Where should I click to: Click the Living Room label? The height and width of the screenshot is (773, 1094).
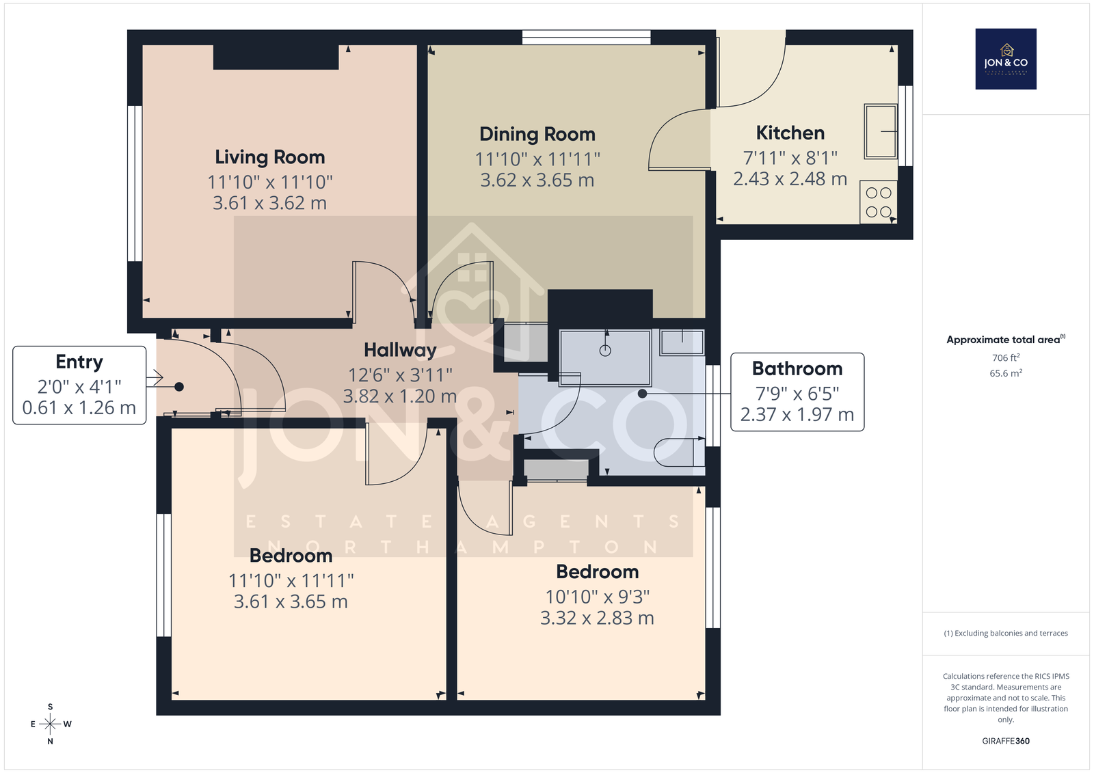(x=269, y=157)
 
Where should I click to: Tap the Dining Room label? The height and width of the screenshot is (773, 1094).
(x=537, y=134)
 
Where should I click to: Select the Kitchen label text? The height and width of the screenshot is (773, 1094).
(x=790, y=133)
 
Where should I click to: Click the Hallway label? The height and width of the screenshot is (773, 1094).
(x=400, y=350)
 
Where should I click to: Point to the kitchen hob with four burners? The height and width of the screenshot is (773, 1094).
(x=878, y=202)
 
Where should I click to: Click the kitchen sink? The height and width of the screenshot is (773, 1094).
(x=881, y=131)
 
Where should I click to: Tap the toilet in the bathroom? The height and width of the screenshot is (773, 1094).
(x=679, y=452)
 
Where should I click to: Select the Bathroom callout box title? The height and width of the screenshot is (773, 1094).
(x=797, y=368)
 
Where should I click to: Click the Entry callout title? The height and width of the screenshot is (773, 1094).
(x=79, y=362)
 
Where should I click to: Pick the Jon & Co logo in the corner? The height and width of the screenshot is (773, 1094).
(x=1006, y=59)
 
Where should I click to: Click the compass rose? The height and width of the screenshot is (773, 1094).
(x=51, y=724)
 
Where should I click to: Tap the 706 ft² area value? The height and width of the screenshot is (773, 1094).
(x=1006, y=357)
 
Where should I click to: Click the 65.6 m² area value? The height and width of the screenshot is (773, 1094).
(x=1006, y=373)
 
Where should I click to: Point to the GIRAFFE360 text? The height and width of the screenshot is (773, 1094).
(x=1006, y=741)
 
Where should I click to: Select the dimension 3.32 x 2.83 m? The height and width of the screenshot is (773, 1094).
(x=597, y=619)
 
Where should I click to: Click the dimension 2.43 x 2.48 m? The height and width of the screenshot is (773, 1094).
(x=790, y=178)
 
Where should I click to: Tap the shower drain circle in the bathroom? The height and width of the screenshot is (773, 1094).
(x=605, y=351)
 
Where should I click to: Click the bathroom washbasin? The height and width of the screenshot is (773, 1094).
(x=682, y=342)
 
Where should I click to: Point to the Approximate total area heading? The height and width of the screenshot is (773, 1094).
(x=1006, y=340)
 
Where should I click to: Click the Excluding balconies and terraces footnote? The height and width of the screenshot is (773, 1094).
(x=1006, y=634)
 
